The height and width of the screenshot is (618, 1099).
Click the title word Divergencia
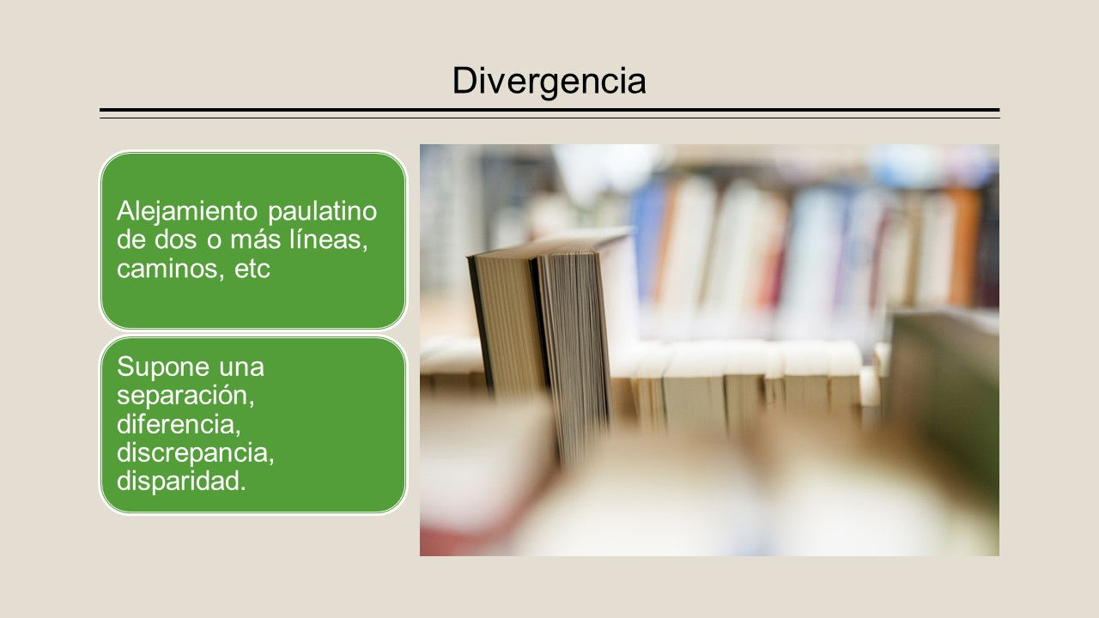[x=549, y=82]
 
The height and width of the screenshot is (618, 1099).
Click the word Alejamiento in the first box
[x=187, y=212]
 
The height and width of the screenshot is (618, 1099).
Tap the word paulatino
[x=322, y=212]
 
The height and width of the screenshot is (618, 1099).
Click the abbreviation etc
[x=252, y=270]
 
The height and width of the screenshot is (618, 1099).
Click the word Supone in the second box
[x=163, y=367]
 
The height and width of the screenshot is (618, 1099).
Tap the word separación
[x=185, y=396]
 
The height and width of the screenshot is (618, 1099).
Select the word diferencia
[x=179, y=424]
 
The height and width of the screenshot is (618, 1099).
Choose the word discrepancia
[x=195, y=453]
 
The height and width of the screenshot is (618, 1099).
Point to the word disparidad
[x=181, y=482]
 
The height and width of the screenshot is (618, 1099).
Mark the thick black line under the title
[x=549, y=110]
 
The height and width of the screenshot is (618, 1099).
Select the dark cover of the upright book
[x=480, y=324]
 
